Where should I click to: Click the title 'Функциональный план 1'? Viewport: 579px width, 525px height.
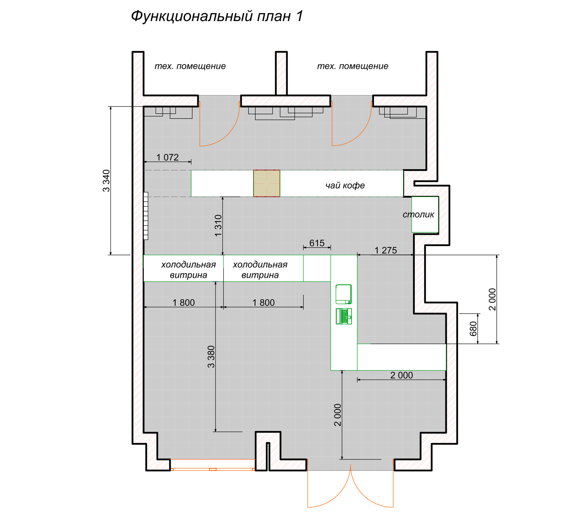pos(217,16)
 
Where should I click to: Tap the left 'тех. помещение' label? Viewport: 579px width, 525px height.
pos(190,66)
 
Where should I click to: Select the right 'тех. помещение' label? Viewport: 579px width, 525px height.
pos(352,66)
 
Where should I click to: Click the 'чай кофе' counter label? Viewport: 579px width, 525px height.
pos(345,185)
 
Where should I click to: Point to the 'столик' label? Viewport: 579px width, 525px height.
pos(418,214)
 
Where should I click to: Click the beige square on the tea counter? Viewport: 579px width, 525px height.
pos(267,183)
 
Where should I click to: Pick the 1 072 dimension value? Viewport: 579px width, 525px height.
pos(168,157)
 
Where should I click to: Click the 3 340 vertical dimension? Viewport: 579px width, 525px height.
pos(106,180)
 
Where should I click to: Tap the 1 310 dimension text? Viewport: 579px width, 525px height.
pos(218,225)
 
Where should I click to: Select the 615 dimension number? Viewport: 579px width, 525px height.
pos(317,243)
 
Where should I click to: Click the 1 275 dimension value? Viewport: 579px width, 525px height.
pos(386,250)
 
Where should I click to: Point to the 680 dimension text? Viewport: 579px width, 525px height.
pos(473,328)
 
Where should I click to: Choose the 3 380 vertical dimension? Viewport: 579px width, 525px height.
pos(211,357)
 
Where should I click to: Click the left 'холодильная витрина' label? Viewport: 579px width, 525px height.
pos(188,270)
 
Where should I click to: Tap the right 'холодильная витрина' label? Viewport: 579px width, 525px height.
pos(260,270)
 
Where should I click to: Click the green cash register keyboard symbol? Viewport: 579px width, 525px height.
pos(344,316)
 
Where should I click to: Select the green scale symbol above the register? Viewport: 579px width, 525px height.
pos(343,294)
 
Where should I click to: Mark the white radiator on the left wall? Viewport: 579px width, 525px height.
pos(146,216)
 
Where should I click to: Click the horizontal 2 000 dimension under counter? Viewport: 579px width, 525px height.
pos(401,375)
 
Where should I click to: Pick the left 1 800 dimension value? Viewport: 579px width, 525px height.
pos(184,303)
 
